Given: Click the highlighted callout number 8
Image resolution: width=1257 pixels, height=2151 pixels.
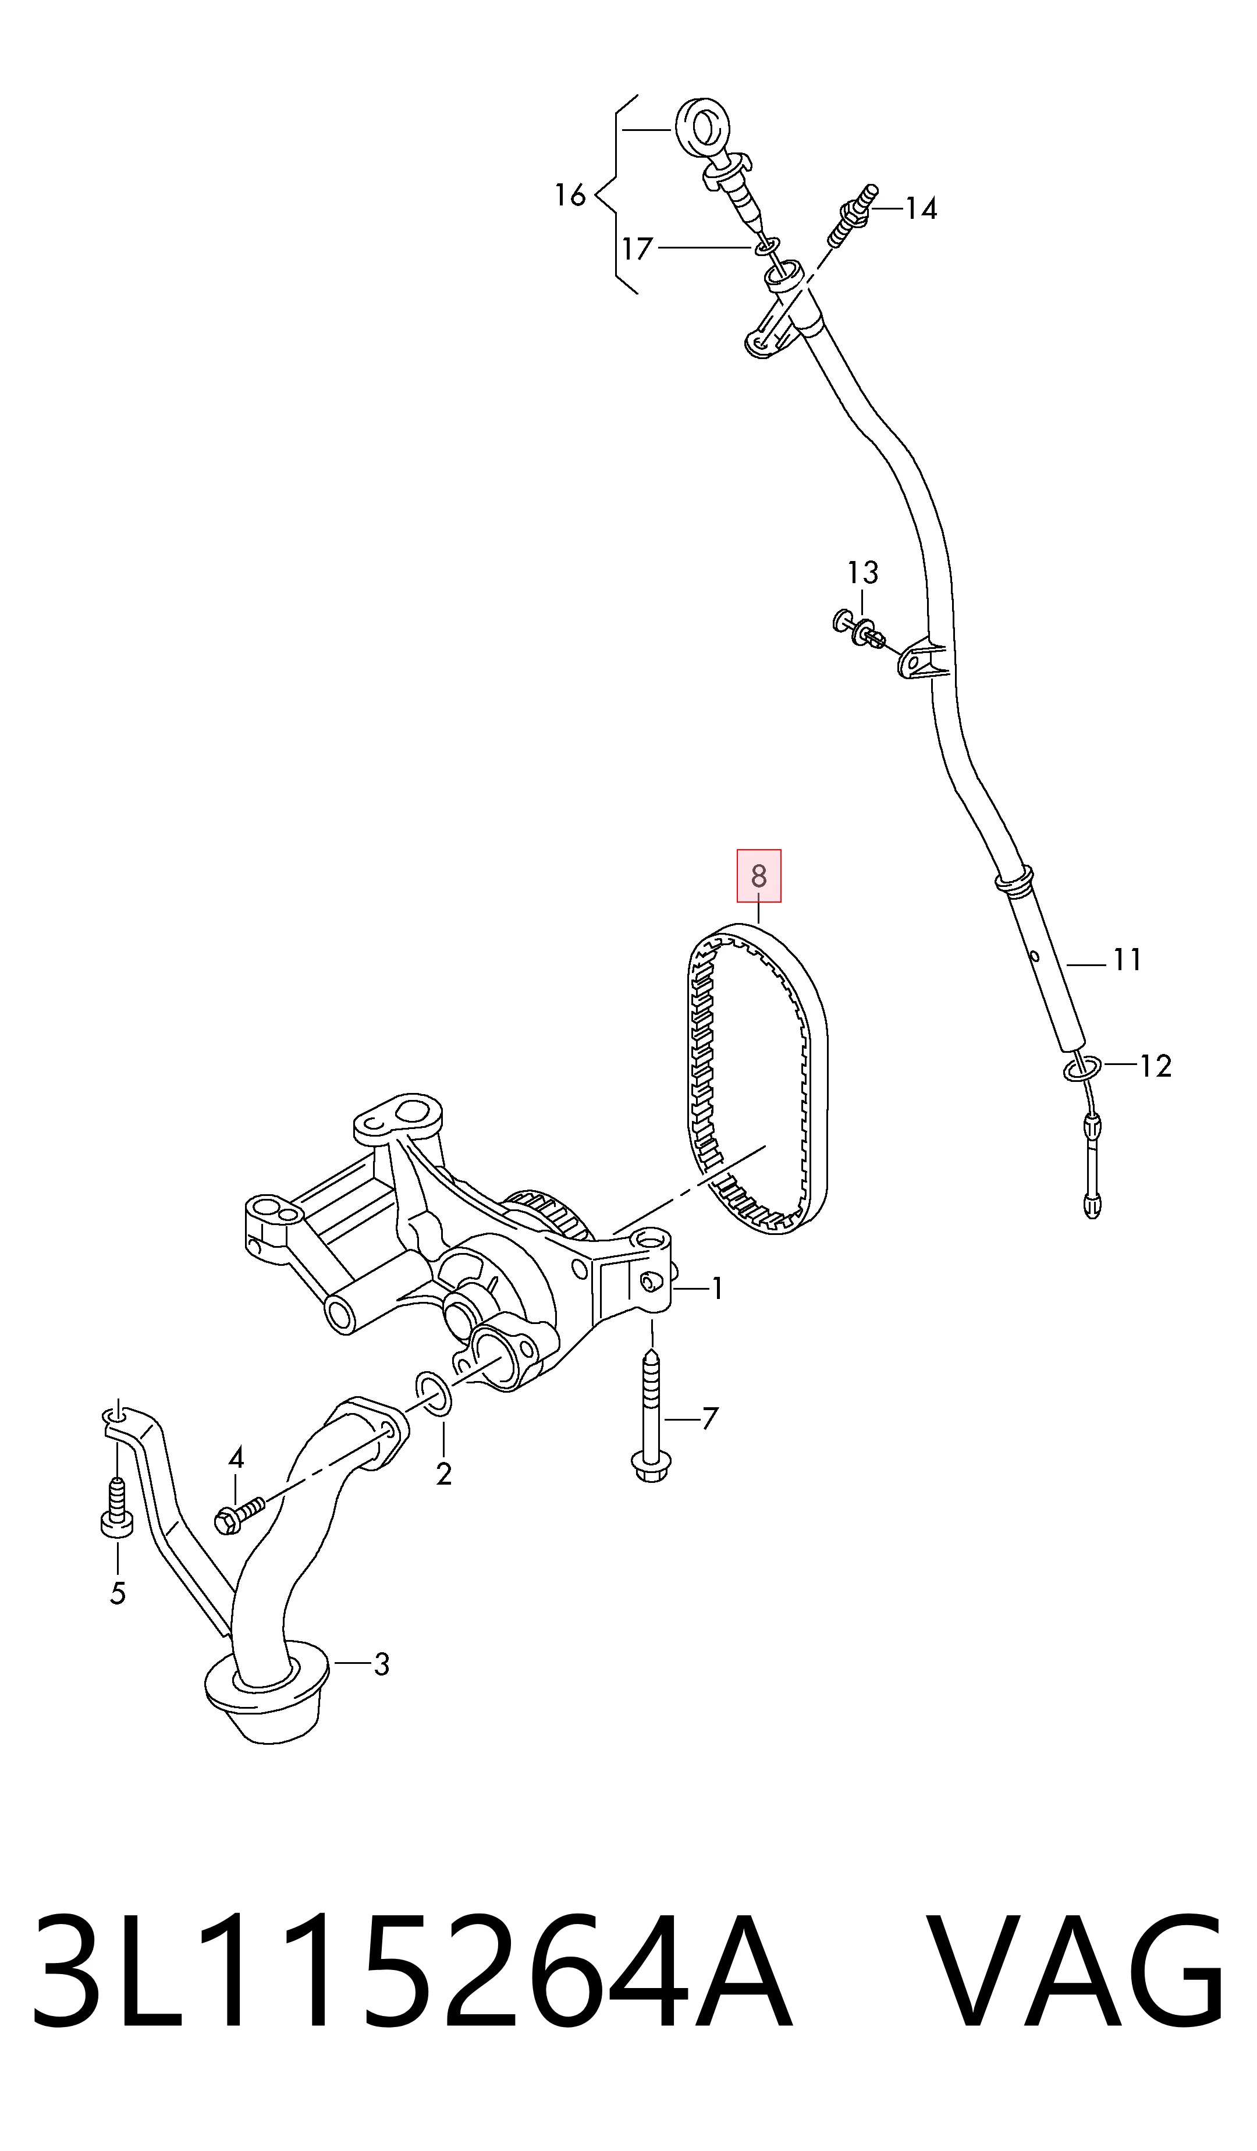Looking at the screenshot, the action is pos(759,876).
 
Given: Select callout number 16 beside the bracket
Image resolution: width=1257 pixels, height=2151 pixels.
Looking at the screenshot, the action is pos(570,196).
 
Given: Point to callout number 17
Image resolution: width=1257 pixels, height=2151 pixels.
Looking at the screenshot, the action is pos(637,249).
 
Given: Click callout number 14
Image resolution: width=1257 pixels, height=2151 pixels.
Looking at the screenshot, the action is pos(921,208).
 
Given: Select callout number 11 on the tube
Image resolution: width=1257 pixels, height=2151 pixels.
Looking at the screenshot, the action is pos(1127,960).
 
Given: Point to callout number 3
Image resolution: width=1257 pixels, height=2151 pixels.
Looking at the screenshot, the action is pos(381,1664).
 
